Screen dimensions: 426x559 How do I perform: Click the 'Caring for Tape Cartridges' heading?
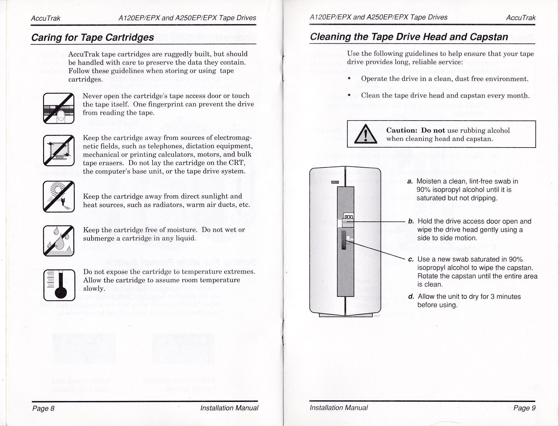click(92, 37)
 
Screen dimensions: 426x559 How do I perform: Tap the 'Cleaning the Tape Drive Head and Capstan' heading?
click(409, 37)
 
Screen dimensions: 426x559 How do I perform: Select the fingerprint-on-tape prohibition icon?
click(58, 108)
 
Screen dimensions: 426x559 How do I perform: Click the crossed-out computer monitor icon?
click(58, 150)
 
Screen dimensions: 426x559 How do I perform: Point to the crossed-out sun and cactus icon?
click(58, 196)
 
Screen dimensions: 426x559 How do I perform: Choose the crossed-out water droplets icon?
click(58, 240)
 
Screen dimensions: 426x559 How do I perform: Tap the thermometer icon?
click(59, 285)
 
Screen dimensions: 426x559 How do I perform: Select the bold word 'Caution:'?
click(402, 130)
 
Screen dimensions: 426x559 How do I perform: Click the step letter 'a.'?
click(410, 181)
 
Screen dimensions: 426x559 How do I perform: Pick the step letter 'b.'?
click(411, 221)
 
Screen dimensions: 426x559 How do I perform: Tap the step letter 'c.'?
click(411, 259)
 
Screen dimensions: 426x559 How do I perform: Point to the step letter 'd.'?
click(411, 296)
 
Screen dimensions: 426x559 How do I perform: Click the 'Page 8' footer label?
click(43, 408)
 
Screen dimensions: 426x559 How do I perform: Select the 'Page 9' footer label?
click(524, 408)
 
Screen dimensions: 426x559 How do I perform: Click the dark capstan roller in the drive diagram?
click(344, 240)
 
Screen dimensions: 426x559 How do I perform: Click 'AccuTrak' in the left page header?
click(45, 18)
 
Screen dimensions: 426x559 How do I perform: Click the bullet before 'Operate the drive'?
click(349, 79)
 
